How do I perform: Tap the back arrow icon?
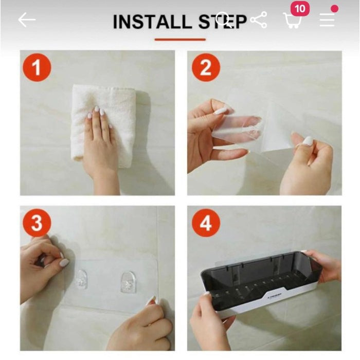click(x=27, y=20)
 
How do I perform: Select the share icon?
click(x=258, y=21)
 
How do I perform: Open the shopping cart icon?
click(x=292, y=21)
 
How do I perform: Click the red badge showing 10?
click(x=300, y=9)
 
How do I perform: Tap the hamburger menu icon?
click(x=327, y=20)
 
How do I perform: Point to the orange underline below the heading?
click(x=180, y=39)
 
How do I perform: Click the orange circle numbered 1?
click(x=37, y=67)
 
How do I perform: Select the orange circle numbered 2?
click(x=206, y=67)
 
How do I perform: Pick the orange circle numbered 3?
click(x=37, y=223)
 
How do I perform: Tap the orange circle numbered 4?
click(x=206, y=223)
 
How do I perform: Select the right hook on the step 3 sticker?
click(x=128, y=282)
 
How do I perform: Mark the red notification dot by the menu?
click(x=334, y=9)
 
